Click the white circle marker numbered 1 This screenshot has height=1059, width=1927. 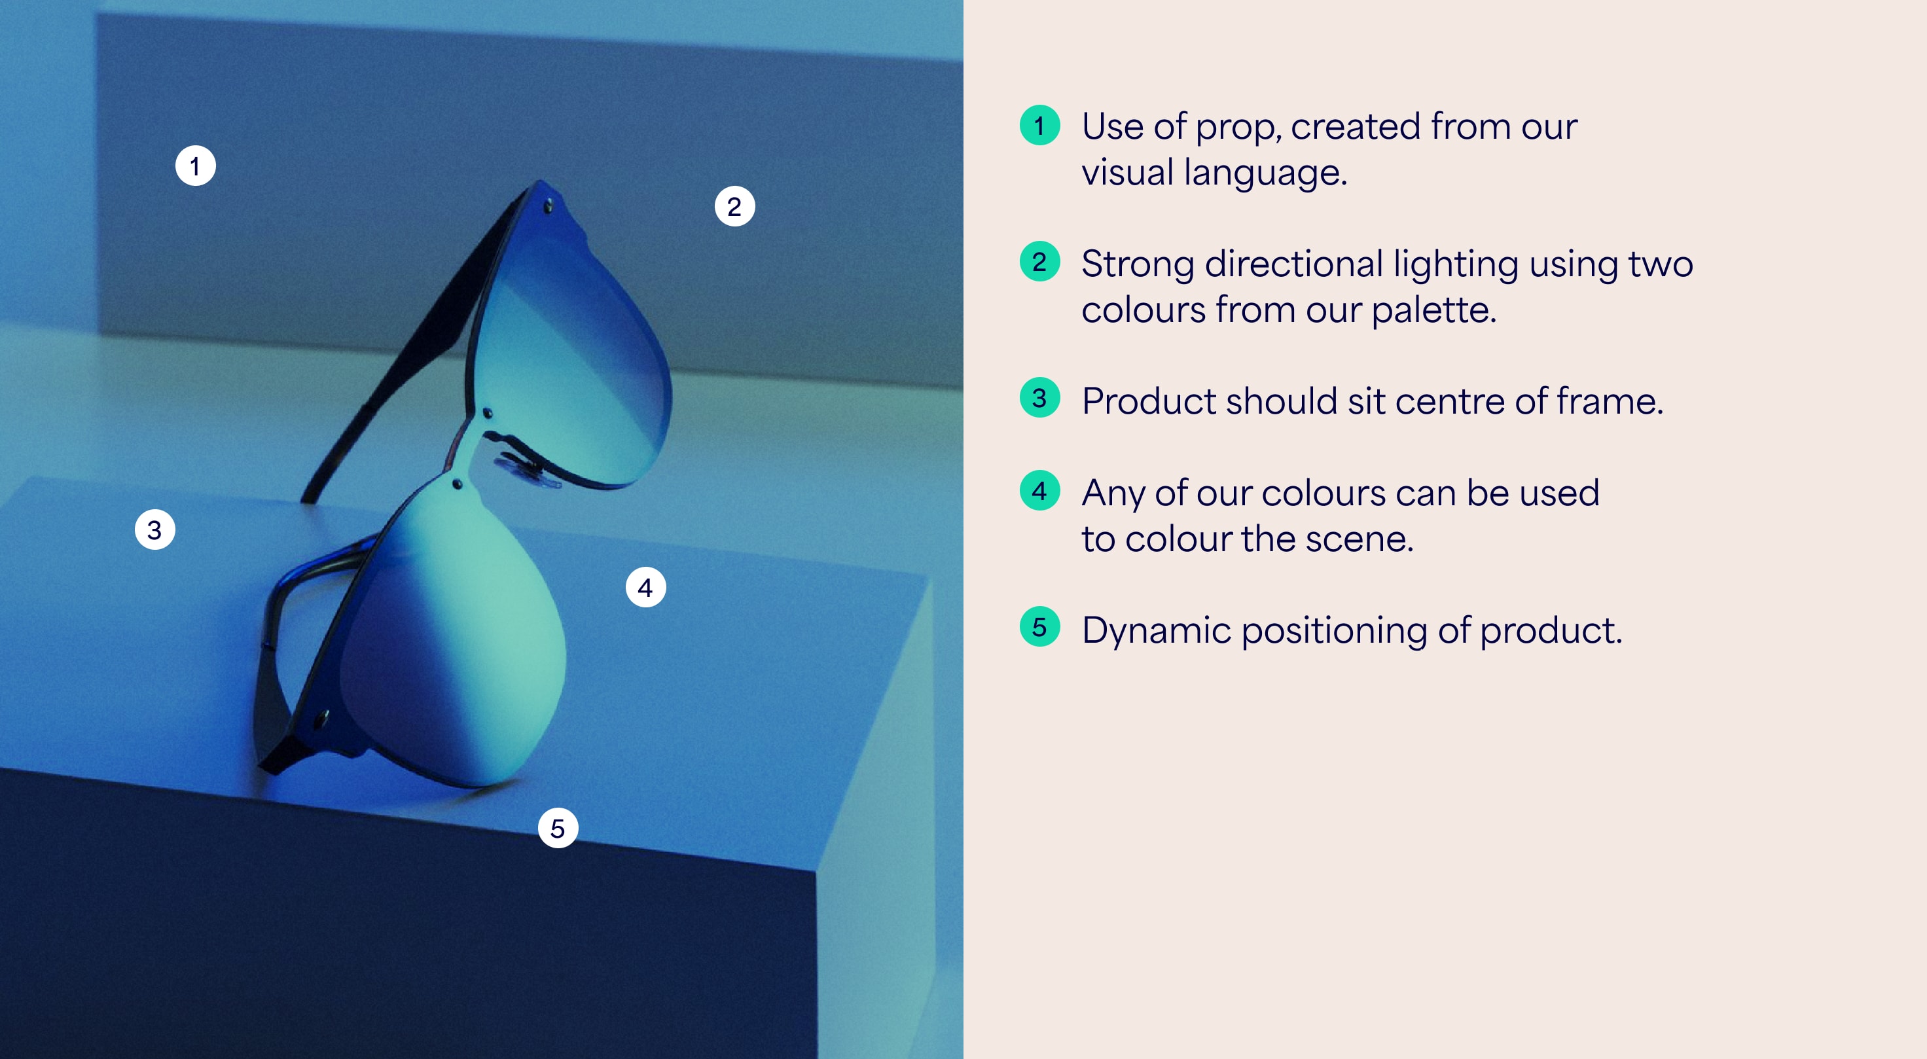pos(195,166)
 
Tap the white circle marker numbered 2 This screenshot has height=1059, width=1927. pos(734,206)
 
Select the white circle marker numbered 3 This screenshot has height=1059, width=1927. pos(155,529)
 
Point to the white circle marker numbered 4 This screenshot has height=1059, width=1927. pos(645,587)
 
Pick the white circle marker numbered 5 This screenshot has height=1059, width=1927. pos(558,828)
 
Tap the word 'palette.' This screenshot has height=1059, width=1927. pos(1434,310)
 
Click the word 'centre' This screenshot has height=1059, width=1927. pos(1449,402)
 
